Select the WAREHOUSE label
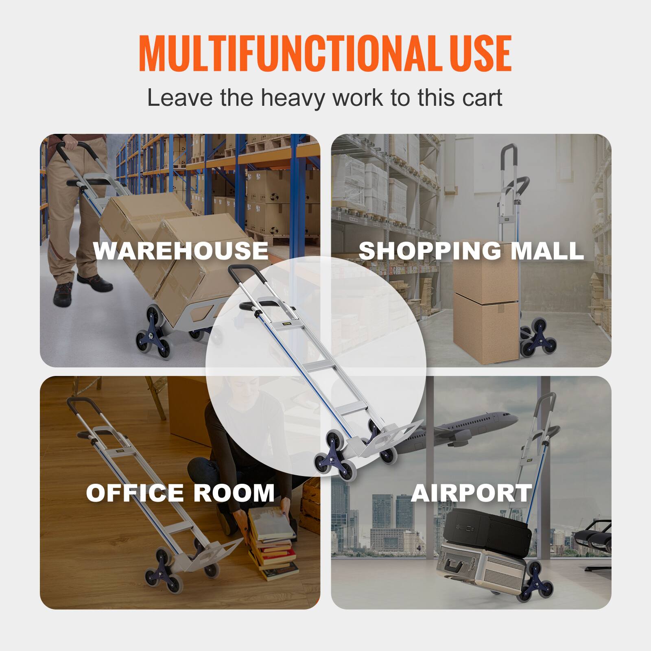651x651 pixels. [x=181, y=250]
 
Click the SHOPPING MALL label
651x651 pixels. [x=471, y=250]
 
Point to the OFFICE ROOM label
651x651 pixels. [x=180, y=493]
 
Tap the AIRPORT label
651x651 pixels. [x=471, y=493]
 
